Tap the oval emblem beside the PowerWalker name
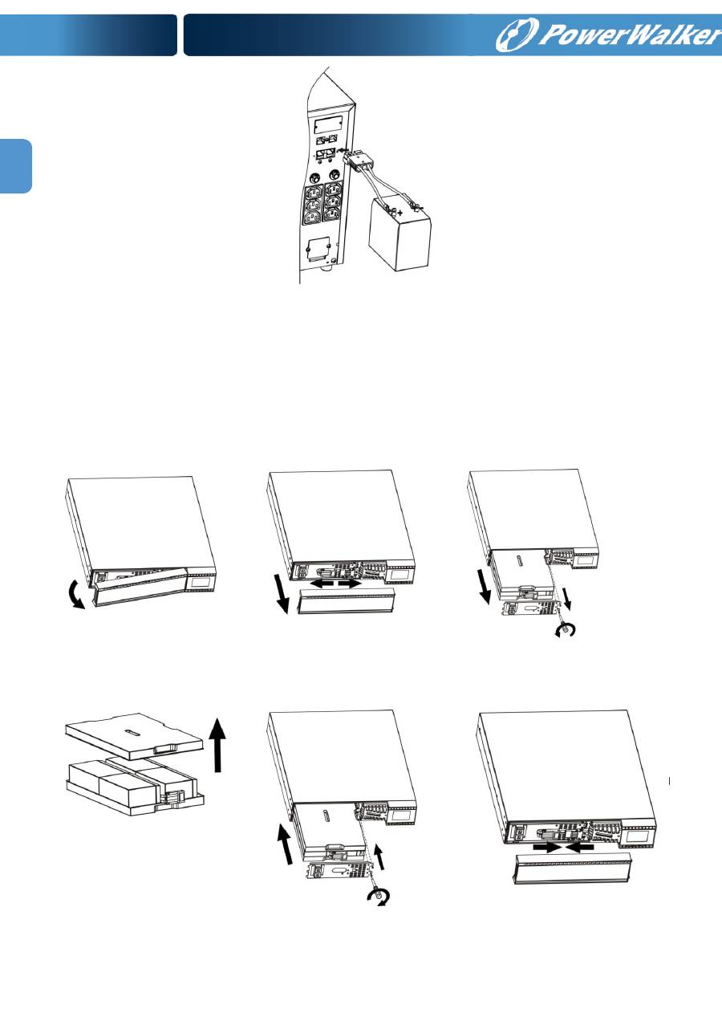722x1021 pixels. coord(517,35)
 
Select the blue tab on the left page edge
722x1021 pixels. coord(16,166)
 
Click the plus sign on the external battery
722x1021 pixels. coord(400,213)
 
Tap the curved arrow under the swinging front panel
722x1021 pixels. coord(75,596)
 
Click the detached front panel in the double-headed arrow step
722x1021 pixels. coord(347,600)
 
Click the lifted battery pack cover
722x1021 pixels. coord(134,736)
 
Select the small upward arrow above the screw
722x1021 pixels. coord(379,857)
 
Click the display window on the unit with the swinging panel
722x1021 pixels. coord(199,582)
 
